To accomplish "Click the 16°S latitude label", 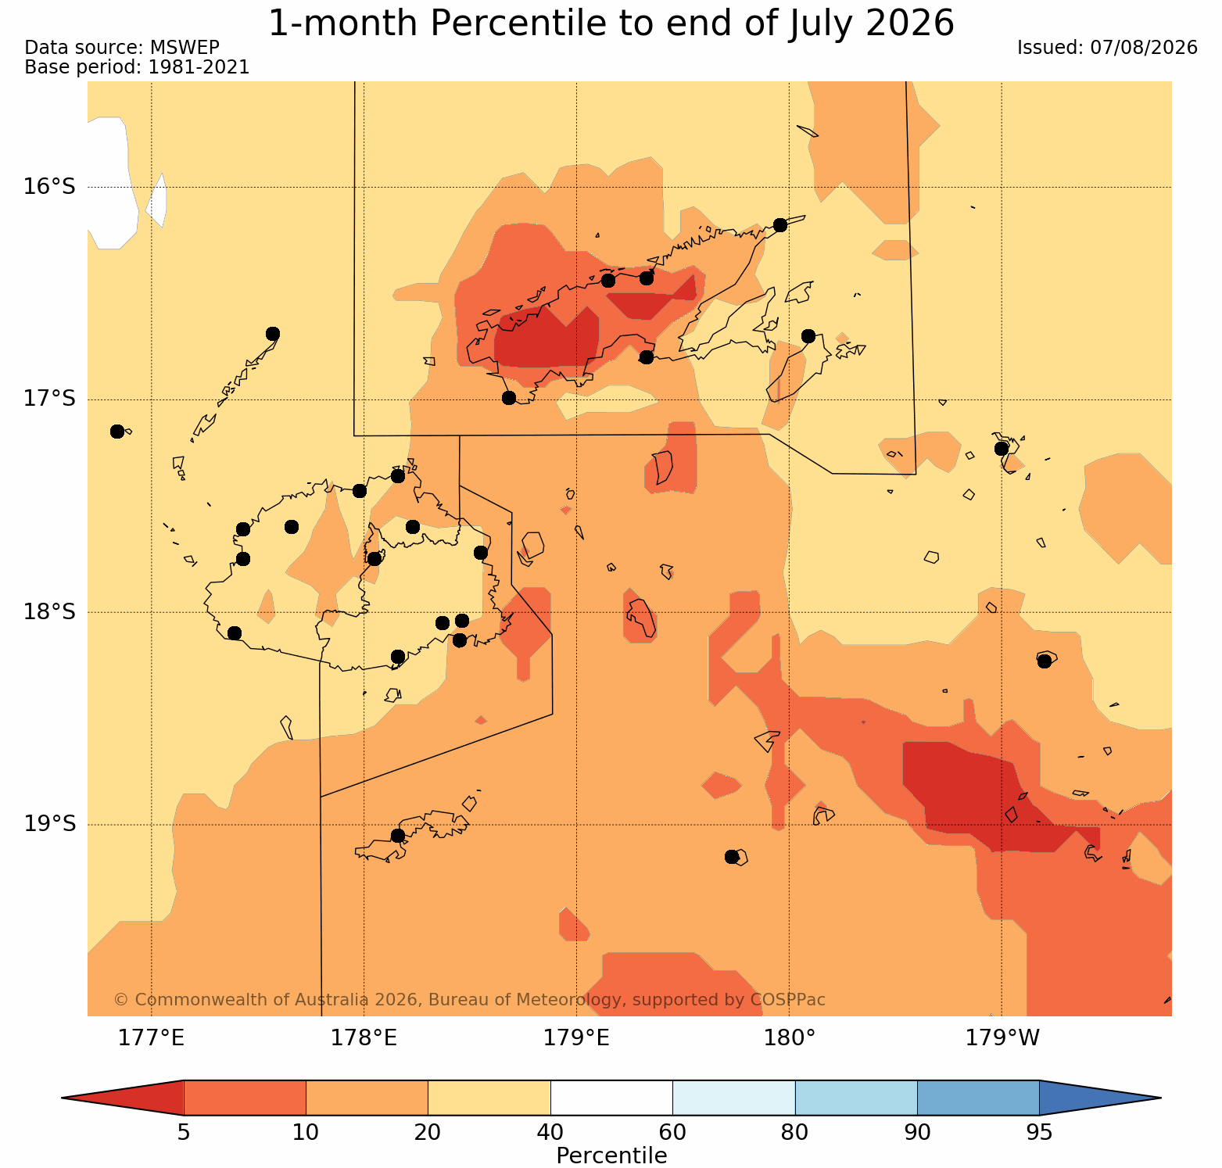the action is (49, 187).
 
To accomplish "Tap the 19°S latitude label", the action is (49, 824).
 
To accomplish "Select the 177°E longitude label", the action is (151, 1038).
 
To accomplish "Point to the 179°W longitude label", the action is (1002, 1038).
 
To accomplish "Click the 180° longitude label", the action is (789, 1038).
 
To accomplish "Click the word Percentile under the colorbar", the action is (611, 1155).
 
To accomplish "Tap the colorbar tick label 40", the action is (550, 1132).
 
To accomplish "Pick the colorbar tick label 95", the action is (1039, 1132).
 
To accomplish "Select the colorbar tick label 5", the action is (184, 1132).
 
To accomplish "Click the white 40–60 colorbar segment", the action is (611, 1098).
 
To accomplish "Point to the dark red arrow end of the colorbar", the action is (123, 1098).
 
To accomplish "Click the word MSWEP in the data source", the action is (190, 48).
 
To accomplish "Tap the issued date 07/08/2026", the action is (1144, 48).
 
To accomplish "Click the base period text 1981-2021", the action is (199, 67).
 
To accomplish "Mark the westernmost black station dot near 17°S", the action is (117, 432).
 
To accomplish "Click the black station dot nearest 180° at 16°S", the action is (779, 225).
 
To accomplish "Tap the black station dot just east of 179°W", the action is (1044, 661).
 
